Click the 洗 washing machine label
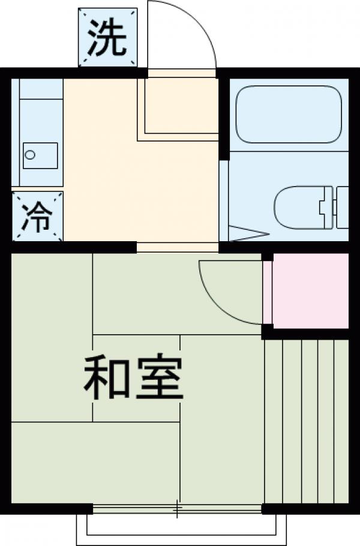[108, 37]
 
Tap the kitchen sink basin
[40, 155]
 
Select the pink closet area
[310, 290]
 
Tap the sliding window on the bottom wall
[178, 509]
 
